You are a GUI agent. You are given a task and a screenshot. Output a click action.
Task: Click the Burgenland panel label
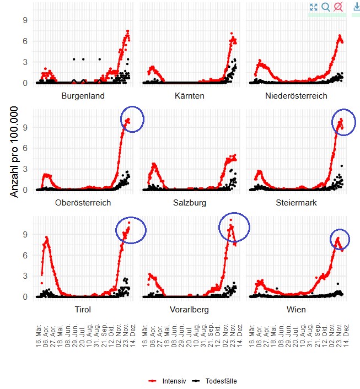(83, 96)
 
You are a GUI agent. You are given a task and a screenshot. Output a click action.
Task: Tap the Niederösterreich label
(296, 96)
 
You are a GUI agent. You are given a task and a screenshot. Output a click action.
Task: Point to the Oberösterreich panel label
(83, 203)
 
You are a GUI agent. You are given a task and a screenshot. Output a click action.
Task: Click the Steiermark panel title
(296, 203)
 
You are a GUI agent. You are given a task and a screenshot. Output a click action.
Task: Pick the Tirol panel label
(83, 309)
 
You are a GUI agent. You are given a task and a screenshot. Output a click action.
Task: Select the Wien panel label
(296, 309)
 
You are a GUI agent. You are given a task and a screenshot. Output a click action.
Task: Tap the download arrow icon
(356, 7)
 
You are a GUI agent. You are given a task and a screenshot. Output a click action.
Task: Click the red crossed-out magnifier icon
(338, 7)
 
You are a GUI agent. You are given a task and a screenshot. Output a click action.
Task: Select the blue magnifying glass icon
(326, 7)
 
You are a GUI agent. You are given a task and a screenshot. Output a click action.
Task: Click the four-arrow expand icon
(313, 7)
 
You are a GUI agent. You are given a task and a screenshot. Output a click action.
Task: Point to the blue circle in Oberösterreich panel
(132, 118)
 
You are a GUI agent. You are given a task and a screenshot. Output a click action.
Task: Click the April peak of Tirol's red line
(47, 237)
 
